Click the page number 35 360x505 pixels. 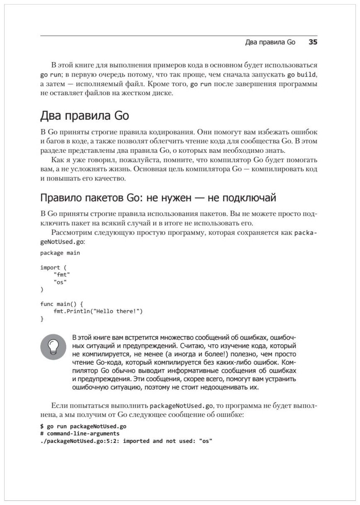click(313, 43)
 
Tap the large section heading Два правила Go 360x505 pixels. click(84, 116)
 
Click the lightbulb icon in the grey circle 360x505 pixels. click(53, 346)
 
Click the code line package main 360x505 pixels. click(60, 252)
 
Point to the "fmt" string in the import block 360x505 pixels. click(62, 274)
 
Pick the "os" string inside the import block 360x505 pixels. click(60, 282)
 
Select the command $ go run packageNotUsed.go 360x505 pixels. click(83, 426)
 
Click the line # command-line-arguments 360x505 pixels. click(80, 433)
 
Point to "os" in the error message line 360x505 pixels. click(205, 441)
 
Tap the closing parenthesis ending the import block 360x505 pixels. click(41, 289)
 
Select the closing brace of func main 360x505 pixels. click(41, 319)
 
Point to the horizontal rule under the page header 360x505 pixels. click(179, 36)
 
